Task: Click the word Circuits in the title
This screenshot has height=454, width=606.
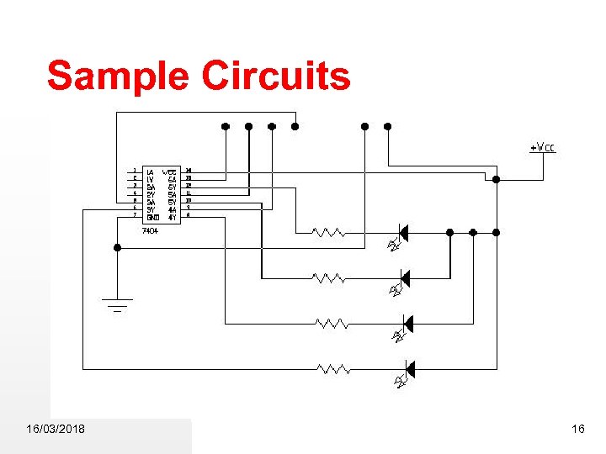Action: coord(275,76)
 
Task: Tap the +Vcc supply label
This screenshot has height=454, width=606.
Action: coord(543,148)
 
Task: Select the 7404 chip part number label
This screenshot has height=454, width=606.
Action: coord(151,230)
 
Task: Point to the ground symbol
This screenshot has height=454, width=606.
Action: coord(117,304)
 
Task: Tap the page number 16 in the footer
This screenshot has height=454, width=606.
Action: coord(577,430)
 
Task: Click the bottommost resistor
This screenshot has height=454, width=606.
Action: coord(333,368)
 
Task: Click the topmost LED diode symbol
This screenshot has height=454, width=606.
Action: coord(402,232)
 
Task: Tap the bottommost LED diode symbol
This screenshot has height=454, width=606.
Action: coord(408,368)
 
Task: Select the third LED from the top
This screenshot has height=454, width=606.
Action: coord(407,323)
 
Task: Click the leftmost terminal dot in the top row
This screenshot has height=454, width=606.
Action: coord(225,127)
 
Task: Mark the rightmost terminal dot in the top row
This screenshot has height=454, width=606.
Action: coord(388,127)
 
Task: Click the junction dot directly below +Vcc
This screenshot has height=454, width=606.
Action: coord(497,179)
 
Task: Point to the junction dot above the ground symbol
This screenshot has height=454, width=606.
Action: coord(117,247)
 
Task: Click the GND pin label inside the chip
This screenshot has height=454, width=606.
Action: coord(151,216)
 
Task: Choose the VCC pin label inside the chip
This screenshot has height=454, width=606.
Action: coord(169,172)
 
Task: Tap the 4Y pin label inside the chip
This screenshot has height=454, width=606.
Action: coord(171,216)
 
